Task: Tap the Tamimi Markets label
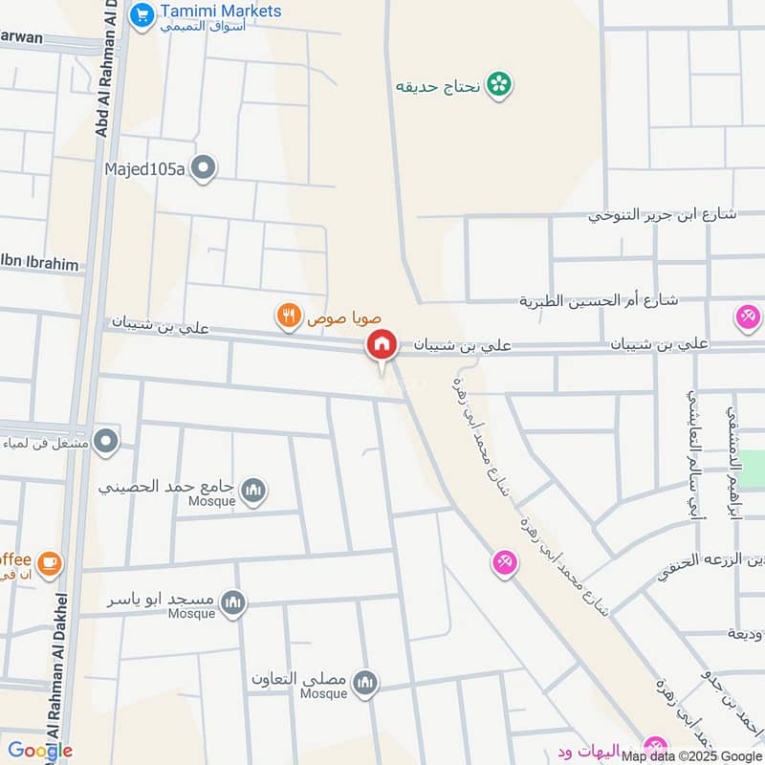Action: click(x=221, y=11)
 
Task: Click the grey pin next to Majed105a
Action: click(x=203, y=169)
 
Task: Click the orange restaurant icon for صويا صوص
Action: click(x=285, y=314)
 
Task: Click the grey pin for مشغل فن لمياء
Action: click(x=107, y=441)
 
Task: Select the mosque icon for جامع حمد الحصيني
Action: click(x=253, y=491)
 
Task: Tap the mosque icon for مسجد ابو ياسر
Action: click(x=233, y=602)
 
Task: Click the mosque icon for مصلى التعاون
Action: click(x=364, y=683)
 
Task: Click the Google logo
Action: click(x=41, y=751)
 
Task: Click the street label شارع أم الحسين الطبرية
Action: click(x=599, y=300)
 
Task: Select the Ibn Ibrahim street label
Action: click(x=43, y=265)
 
